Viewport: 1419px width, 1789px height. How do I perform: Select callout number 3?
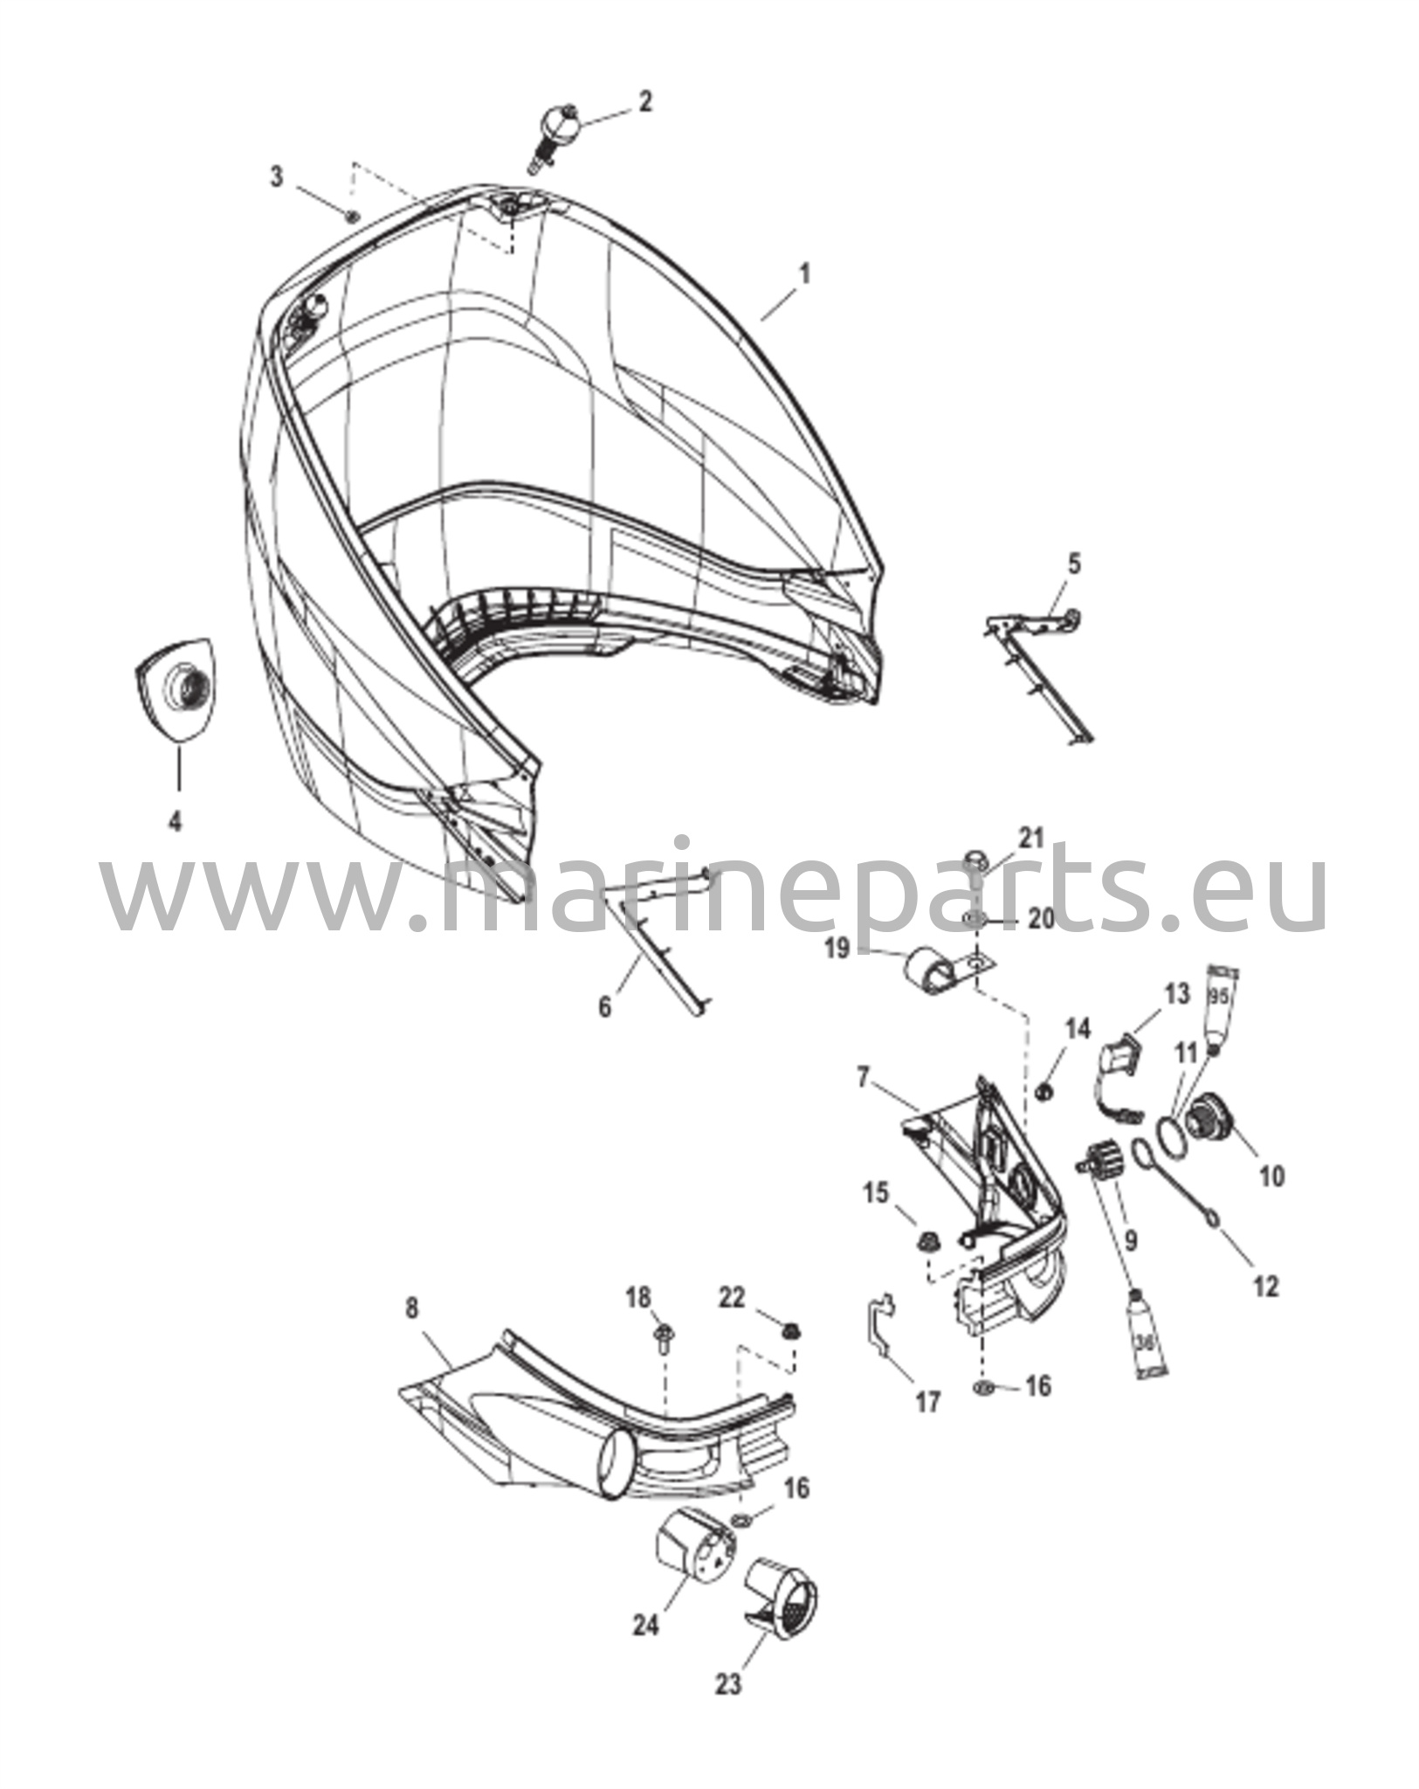(x=277, y=177)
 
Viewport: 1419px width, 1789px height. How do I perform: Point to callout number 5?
(x=1074, y=563)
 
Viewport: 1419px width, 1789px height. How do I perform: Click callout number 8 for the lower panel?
(x=411, y=1334)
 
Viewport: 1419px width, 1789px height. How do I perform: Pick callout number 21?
(x=1031, y=838)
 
